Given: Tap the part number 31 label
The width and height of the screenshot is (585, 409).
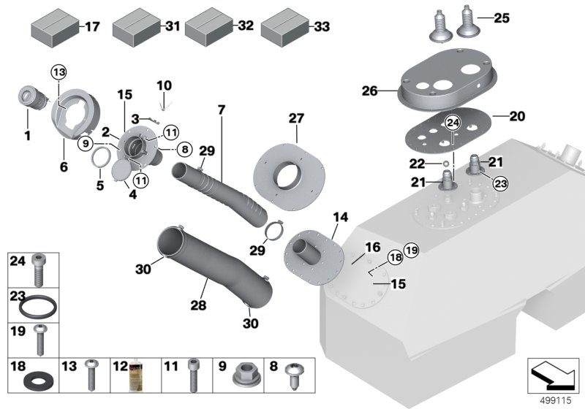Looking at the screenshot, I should click(x=172, y=26).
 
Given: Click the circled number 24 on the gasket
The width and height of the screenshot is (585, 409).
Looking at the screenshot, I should click(x=453, y=121).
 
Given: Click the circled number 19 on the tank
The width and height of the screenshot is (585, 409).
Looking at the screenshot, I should click(x=411, y=251).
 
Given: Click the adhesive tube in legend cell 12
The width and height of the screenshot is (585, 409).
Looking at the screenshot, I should click(x=135, y=375).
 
